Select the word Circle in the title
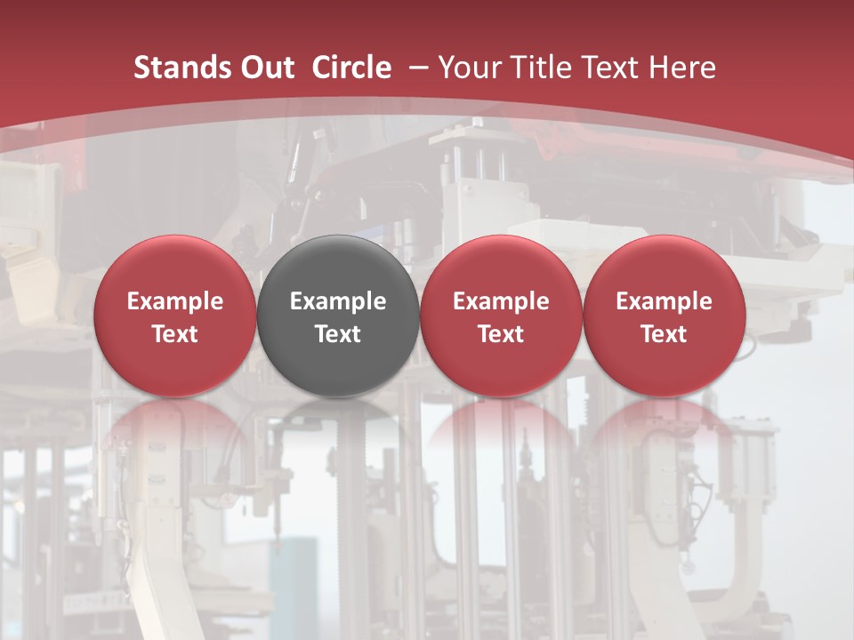[x=351, y=68]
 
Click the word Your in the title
[x=469, y=68]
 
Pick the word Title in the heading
[x=533, y=68]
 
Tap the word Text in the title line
[x=601, y=68]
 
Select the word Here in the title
[x=681, y=68]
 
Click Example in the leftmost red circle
[x=174, y=301]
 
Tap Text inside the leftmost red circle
[x=174, y=334]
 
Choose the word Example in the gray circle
[x=338, y=301]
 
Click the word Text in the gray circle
[x=338, y=334]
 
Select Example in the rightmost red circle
[x=664, y=301]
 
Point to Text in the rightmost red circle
[x=664, y=334]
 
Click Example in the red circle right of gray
[x=501, y=301]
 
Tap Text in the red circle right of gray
[x=501, y=334]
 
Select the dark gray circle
[x=338, y=267]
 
